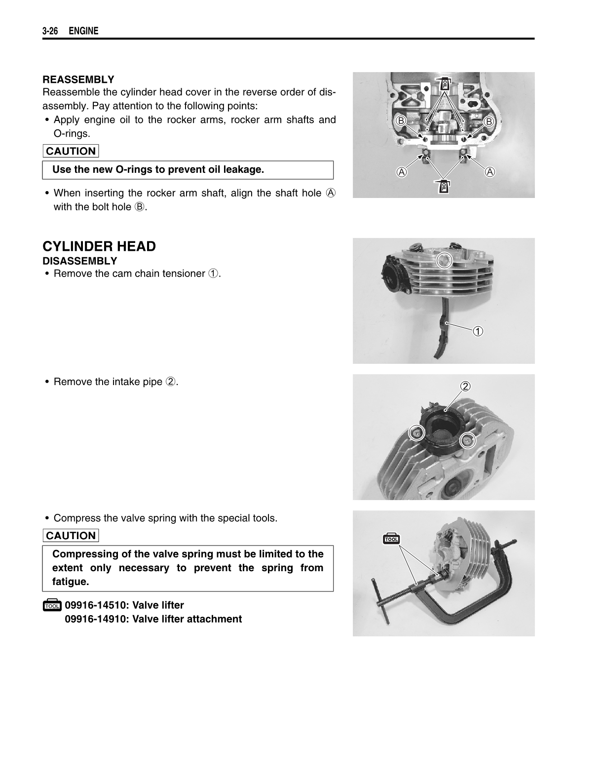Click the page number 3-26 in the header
click(x=50, y=31)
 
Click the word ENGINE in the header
click(x=83, y=31)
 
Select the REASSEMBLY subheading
click(x=78, y=79)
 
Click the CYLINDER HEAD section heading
click(x=99, y=246)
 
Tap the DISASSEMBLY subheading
click(x=80, y=261)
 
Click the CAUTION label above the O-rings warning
click(x=71, y=151)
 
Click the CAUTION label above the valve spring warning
click(x=71, y=536)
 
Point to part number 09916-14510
click(x=96, y=605)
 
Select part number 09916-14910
click(x=96, y=619)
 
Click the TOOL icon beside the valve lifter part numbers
click(x=52, y=606)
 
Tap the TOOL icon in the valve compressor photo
click(x=391, y=539)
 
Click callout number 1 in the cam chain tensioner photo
click(x=478, y=331)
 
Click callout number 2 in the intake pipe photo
click(x=465, y=386)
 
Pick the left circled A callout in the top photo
click(x=402, y=172)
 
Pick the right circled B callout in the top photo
click(x=489, y=121)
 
